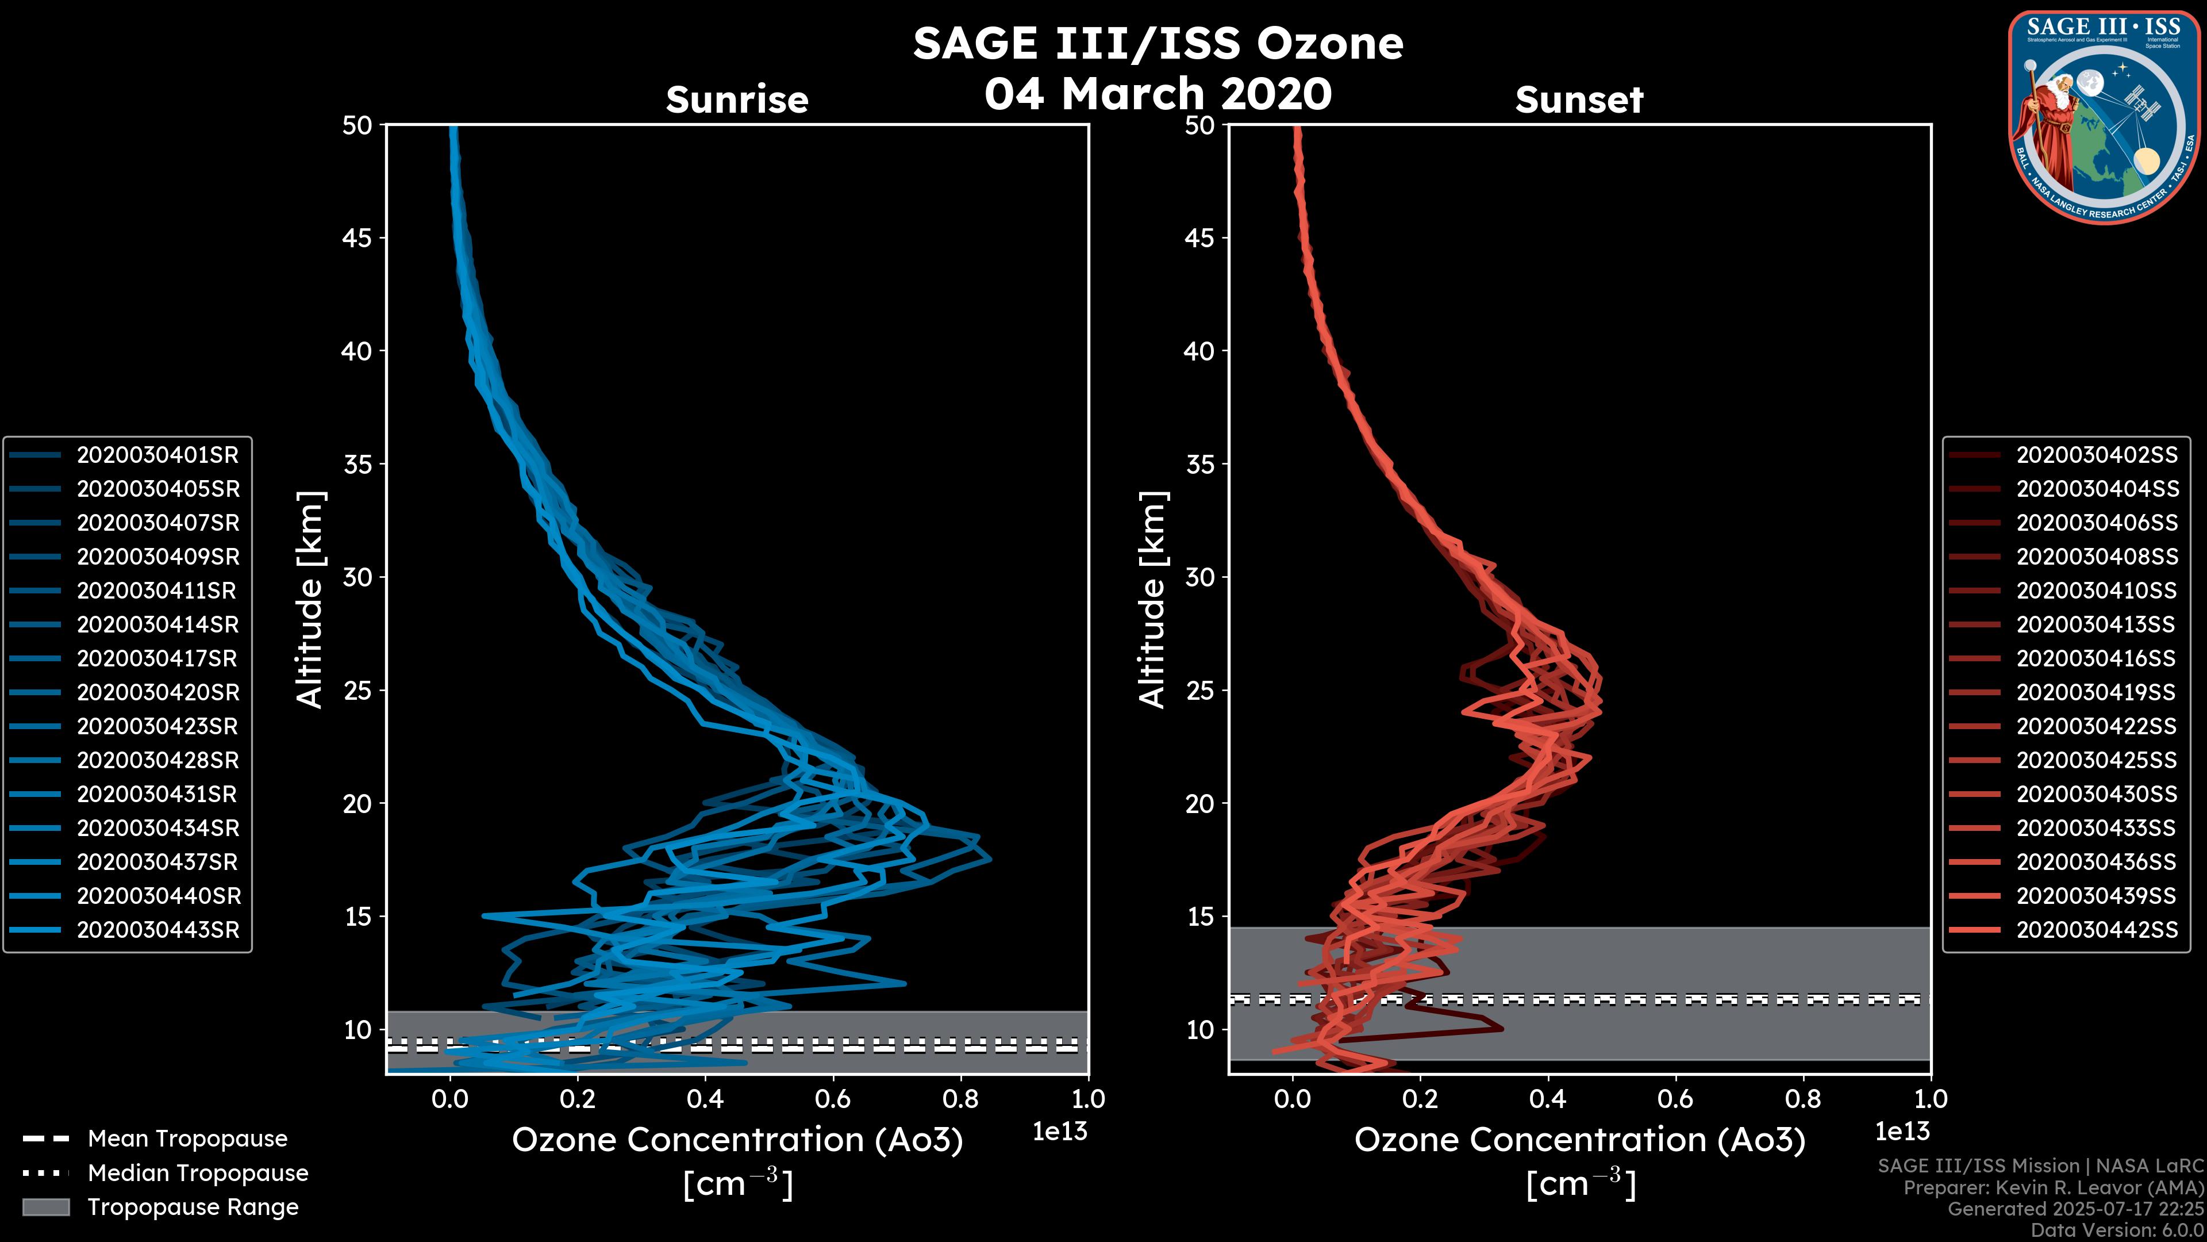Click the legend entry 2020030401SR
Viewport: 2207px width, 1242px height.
click(x=157, y=455)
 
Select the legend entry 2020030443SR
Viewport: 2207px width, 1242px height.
click(x=157, y=930)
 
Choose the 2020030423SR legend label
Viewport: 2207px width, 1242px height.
click(x=157, y=727)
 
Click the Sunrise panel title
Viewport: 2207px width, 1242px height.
click(x=737, y=100)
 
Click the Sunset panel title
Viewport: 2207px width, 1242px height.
click(x=1579, y=100)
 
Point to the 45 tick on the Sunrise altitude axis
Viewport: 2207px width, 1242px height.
click(x=357, y=238)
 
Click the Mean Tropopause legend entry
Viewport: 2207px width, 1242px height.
click(x=187, y=1139)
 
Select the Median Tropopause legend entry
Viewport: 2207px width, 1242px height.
click(x=197, y=1174)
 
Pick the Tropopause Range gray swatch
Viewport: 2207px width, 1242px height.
click(x=45, y=1207)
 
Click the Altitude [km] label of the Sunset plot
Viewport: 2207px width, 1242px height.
click(x=1153, y=600)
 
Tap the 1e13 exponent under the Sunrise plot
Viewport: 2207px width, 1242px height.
click(x=1060, y=1132)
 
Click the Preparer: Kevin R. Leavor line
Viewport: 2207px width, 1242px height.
click(x=2053, y=1188)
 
